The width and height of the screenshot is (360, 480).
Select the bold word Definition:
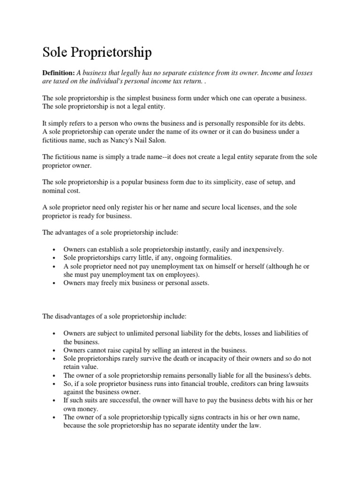point(59,74)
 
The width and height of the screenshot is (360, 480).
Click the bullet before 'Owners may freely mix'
point(55,284)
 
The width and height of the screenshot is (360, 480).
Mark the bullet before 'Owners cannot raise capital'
point(55,350)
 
